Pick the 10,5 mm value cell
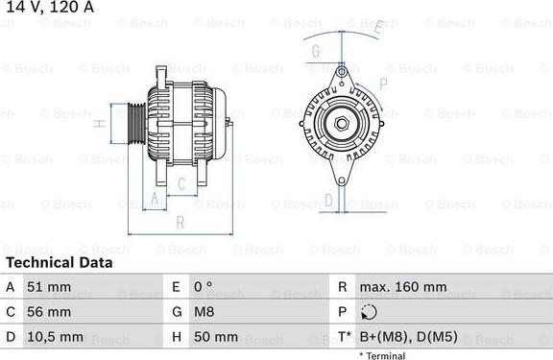pyautogui.click(x=57, y=337)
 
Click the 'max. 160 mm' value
pyautogui.click(x=403, y=287)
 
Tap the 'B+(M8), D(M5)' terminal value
pyautogui.click(x=407, y=337)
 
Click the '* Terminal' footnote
pyautogui.click(x=382, y=355)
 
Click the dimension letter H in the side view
pyautogui.click(x=99, y=124)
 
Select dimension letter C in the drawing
pyautogui.click(x=181, y=183)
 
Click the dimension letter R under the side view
pyautogui.click(x=179, y=223)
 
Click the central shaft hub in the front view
pyautogui.click(x=342, y=123)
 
